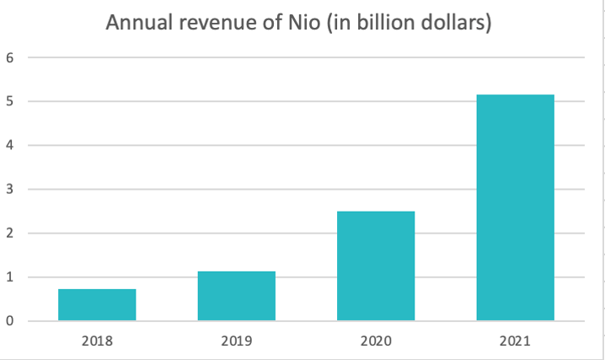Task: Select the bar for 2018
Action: click(x=97, y=304)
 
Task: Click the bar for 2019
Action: click(x=237, y=296)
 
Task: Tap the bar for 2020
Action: click(x=376, y=266)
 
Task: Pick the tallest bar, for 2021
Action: click(x=515, y=207)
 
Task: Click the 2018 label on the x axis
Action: click(x=97, y=341)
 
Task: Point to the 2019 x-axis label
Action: click(x=237, y=341)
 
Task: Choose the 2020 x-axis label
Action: click(x=376, y=341)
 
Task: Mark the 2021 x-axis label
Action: click(x=515, y=341)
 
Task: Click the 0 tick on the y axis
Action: click(x=10, y=321)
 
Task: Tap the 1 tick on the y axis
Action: click(x=10, y=277)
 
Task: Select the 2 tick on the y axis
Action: click(x=10, y=234)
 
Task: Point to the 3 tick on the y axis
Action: click(x=10, y=190)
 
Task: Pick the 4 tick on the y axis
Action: click(x=10, y=146)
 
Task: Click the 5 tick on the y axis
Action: click(x=10, y=102)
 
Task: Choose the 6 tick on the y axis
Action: click(x=10, y=58)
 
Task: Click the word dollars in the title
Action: click(x=456, y=23)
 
